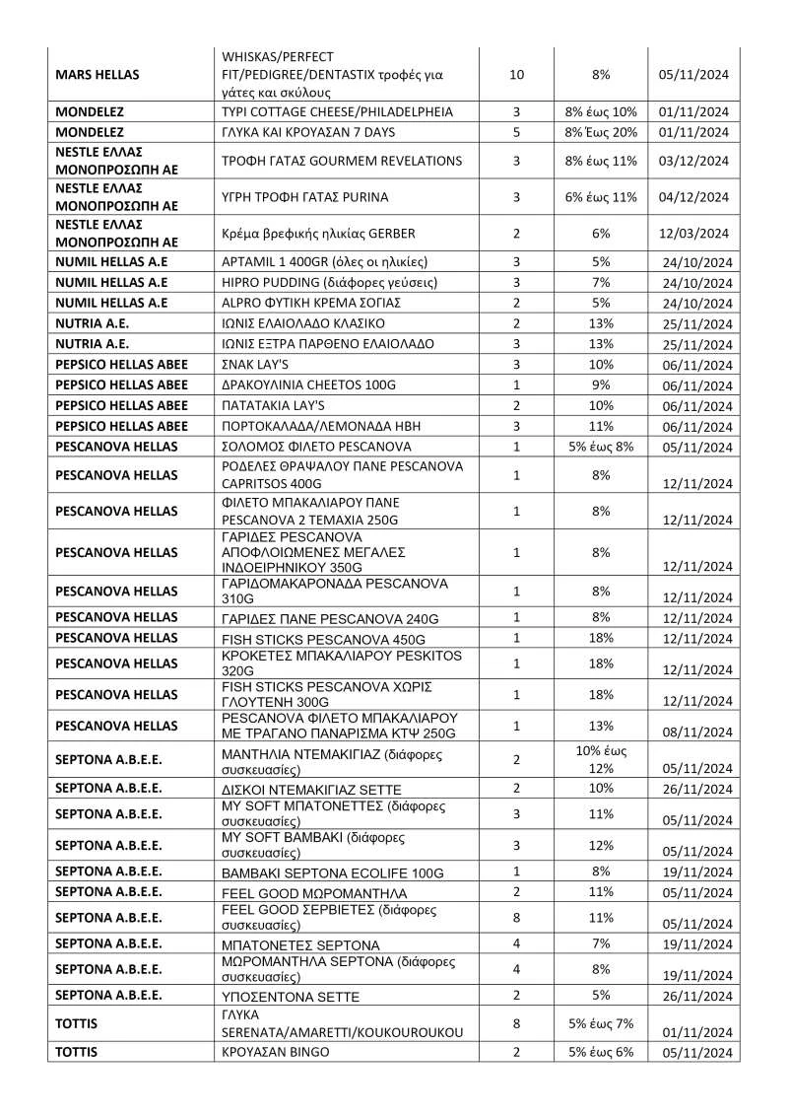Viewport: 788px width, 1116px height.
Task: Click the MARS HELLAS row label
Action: [98, 74]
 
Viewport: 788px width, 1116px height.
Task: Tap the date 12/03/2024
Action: [694, 234]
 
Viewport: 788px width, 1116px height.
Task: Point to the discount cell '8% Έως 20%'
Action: [601, 132]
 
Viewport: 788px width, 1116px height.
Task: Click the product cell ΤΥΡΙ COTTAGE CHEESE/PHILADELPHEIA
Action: [338, 112]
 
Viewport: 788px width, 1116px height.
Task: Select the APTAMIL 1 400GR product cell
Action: [326, 262]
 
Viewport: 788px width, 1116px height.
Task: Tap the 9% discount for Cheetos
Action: [601, 384]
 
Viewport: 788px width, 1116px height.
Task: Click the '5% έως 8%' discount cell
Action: [601, 446]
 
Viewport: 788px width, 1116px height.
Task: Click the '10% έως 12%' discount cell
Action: [601, 760]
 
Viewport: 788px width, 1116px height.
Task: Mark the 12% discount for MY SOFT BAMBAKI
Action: [601, 844]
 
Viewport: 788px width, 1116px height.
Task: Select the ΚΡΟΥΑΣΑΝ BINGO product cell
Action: [276, 1052]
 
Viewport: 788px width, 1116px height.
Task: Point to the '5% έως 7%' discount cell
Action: [601, 1023]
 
